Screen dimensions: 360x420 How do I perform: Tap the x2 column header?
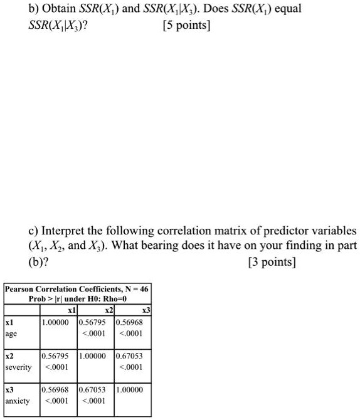tap(108, 310)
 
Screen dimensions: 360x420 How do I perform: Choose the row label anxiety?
tap(18, 399)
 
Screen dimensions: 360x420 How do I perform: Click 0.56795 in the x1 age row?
tap(95, 323)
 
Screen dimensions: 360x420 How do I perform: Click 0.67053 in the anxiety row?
tap(95, 389)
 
